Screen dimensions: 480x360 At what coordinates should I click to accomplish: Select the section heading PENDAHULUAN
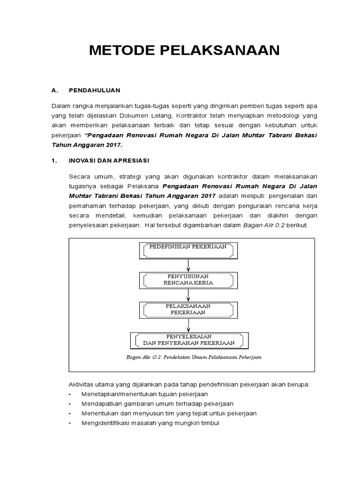pos(95,90)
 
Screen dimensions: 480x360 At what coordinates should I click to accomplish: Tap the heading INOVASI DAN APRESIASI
pos(109,161)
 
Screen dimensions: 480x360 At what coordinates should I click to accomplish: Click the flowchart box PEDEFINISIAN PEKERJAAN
pos(187,250)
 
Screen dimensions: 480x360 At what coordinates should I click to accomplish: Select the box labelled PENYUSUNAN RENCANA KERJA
pos(187,279)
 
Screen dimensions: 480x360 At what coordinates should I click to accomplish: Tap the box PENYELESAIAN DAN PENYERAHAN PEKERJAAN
pos(188,339)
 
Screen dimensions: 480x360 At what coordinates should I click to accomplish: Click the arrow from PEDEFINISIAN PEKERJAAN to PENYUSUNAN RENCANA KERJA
pos(188,265)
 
